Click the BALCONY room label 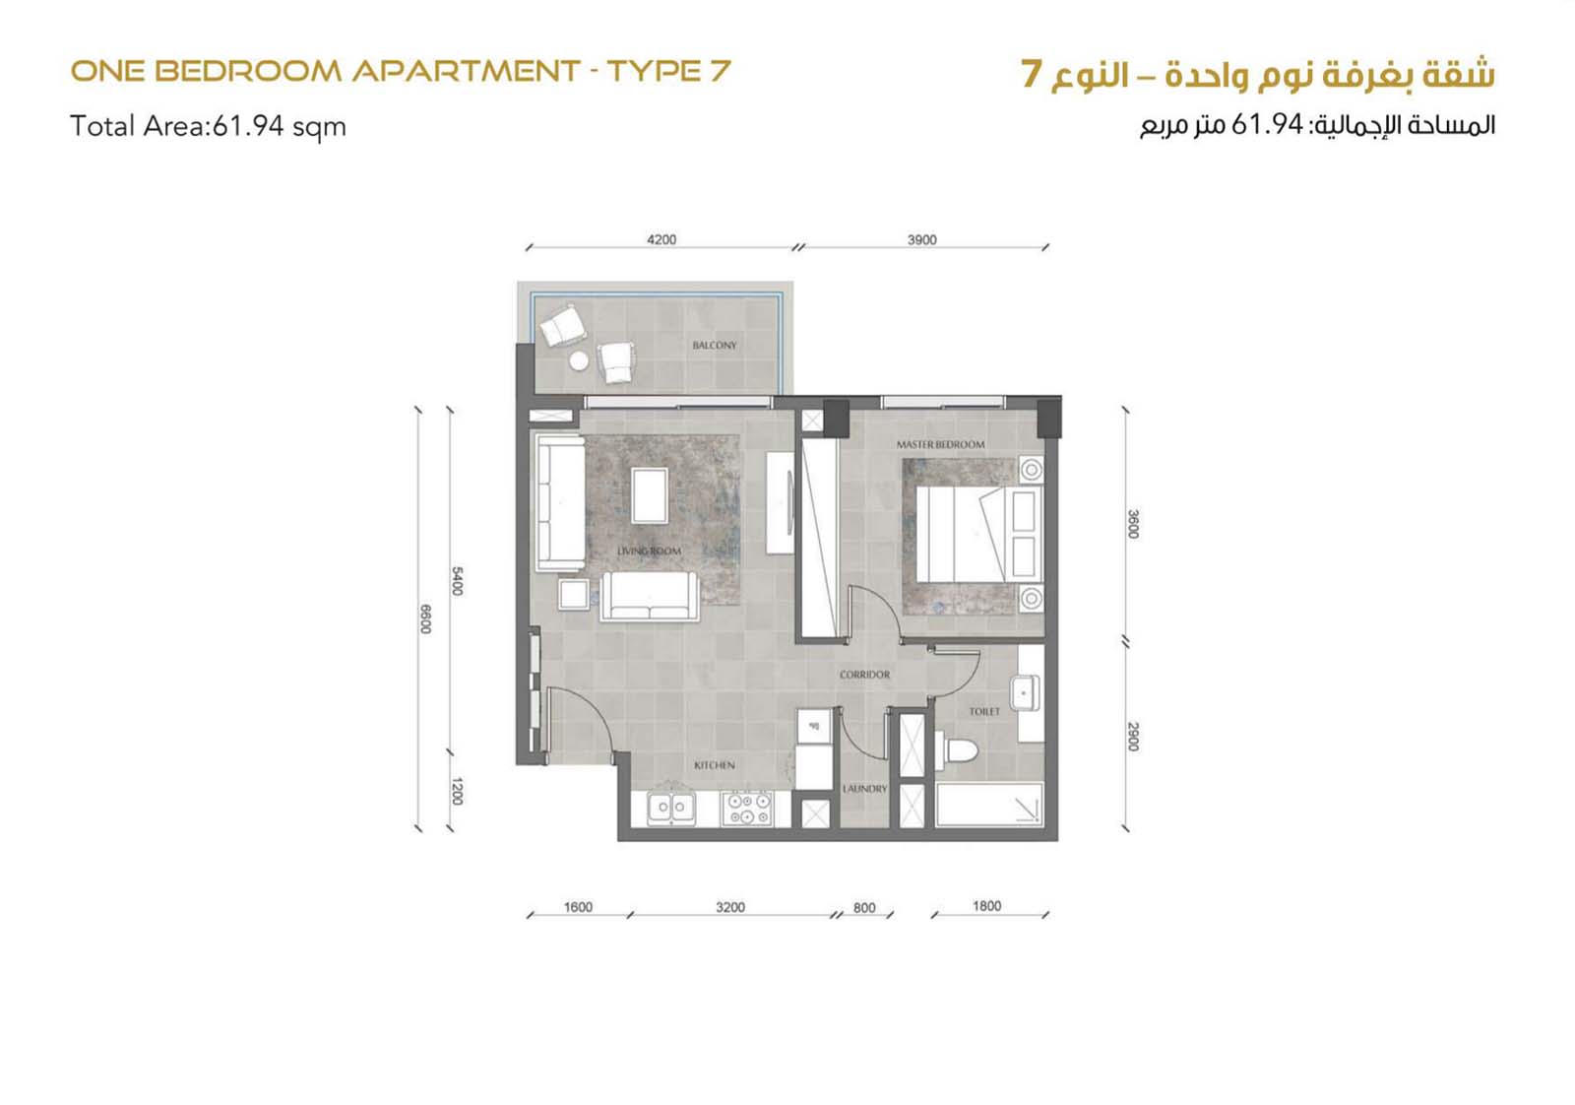pyautogui.click(x=715, y=346)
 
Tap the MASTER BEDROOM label pyautogui.click(x=940, y=444)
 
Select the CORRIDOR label pyautogui.click(x=865, y=675)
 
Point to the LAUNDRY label pyautogui.click(x=865, y=789)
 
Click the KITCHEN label pyautogui.click(x=715, y=764)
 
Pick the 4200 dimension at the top pyautogui.click(x=661, y=239)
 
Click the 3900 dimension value pyautogui.click(x=921, y=239)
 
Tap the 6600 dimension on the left pyautogui.click(x=424, y=618)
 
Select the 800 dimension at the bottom pyautogui.click(x=864, y=907)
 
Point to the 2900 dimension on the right pyautogui.click(x=1132, y=737)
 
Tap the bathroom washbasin pyautogui.click(x=1025, y=692)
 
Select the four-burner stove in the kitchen pyautogui.click(x=747, y=809)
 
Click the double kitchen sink pyautogui.click(x=671, y=809)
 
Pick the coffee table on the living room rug pyautogui.click(x=650, y=496)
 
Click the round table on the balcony pyautogui.click(x=579, y=360)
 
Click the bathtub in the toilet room pyautogui.click(x=989, y=805)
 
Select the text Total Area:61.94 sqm pyautogui.click(x=208, y=127)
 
